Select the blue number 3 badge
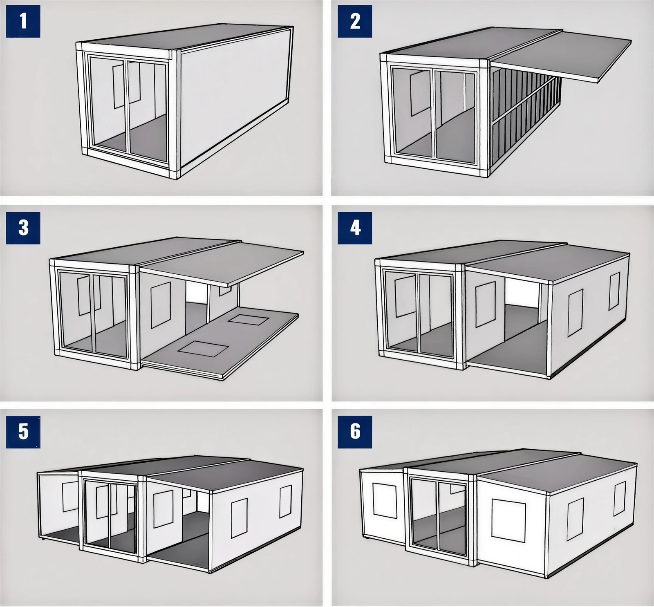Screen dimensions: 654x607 pos(23,228)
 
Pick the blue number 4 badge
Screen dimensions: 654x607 pos(355,228)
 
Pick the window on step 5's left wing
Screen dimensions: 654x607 pos(70,497)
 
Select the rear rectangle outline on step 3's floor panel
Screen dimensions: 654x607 pos(248,319)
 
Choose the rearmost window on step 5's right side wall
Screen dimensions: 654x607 pos(286,502)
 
